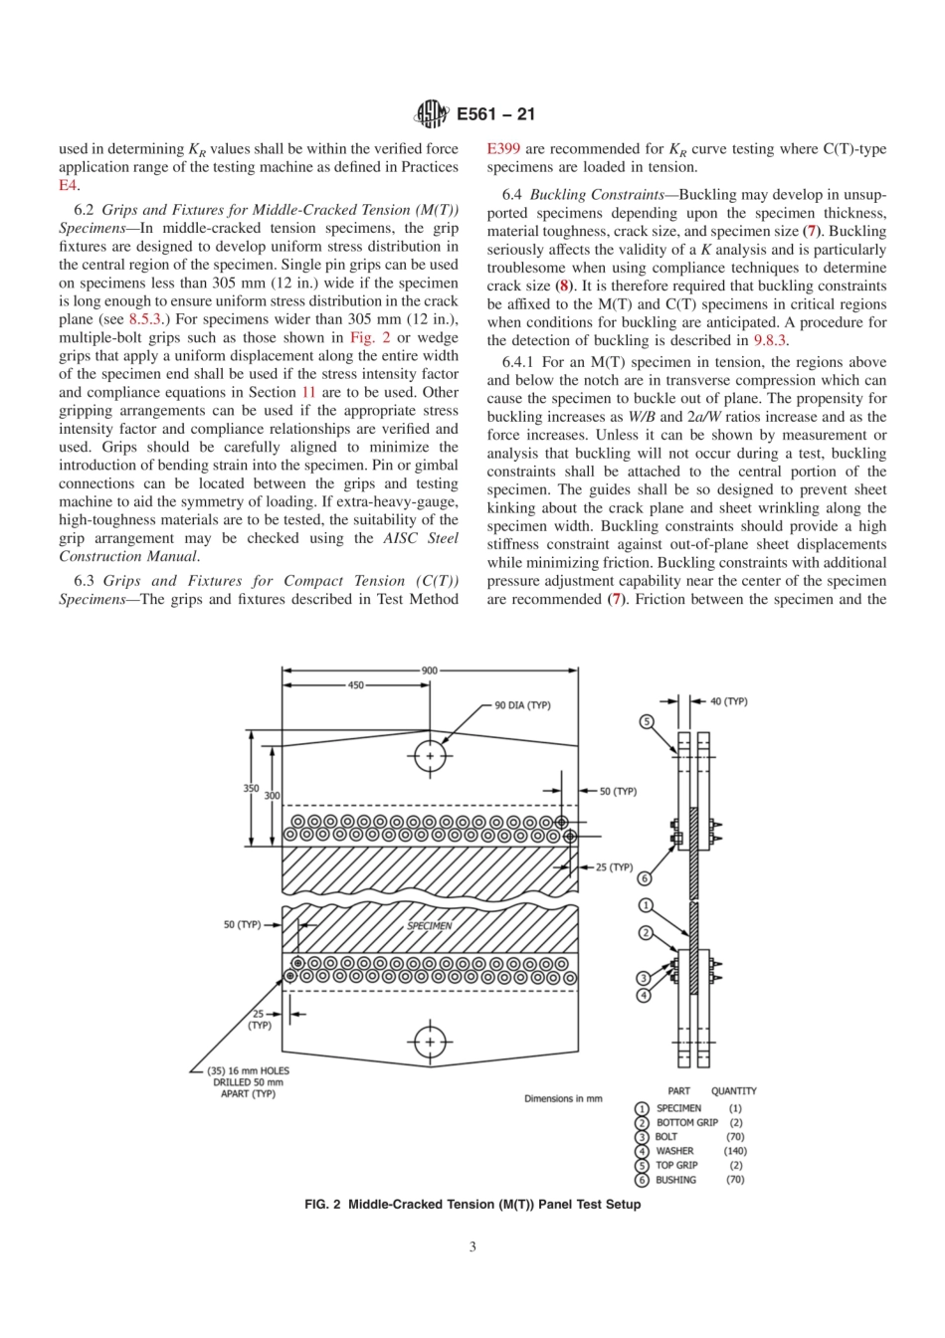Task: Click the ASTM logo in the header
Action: click(431, 114)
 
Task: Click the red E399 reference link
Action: click(503, 149)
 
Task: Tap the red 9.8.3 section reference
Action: click(770, 340)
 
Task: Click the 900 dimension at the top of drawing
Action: click(429, 670)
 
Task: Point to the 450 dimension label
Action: click(355, 685)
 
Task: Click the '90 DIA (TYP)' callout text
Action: click(522, 705)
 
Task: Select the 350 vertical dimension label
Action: click(251, 788)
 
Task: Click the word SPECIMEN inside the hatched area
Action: click(430, 925)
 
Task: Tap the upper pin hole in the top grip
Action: click(430, 756)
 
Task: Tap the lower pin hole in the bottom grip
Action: click(430, 1042)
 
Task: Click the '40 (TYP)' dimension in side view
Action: click(728, 701)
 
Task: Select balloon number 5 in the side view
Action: click(647, 721)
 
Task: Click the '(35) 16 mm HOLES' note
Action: click(248, 1071)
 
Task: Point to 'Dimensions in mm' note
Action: click(563, 1099)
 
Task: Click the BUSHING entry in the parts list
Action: click(675, 1180)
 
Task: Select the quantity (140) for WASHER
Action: click(735, 1151)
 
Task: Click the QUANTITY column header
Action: click(733, 1091)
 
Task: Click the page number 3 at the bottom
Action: click(472, 1246)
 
